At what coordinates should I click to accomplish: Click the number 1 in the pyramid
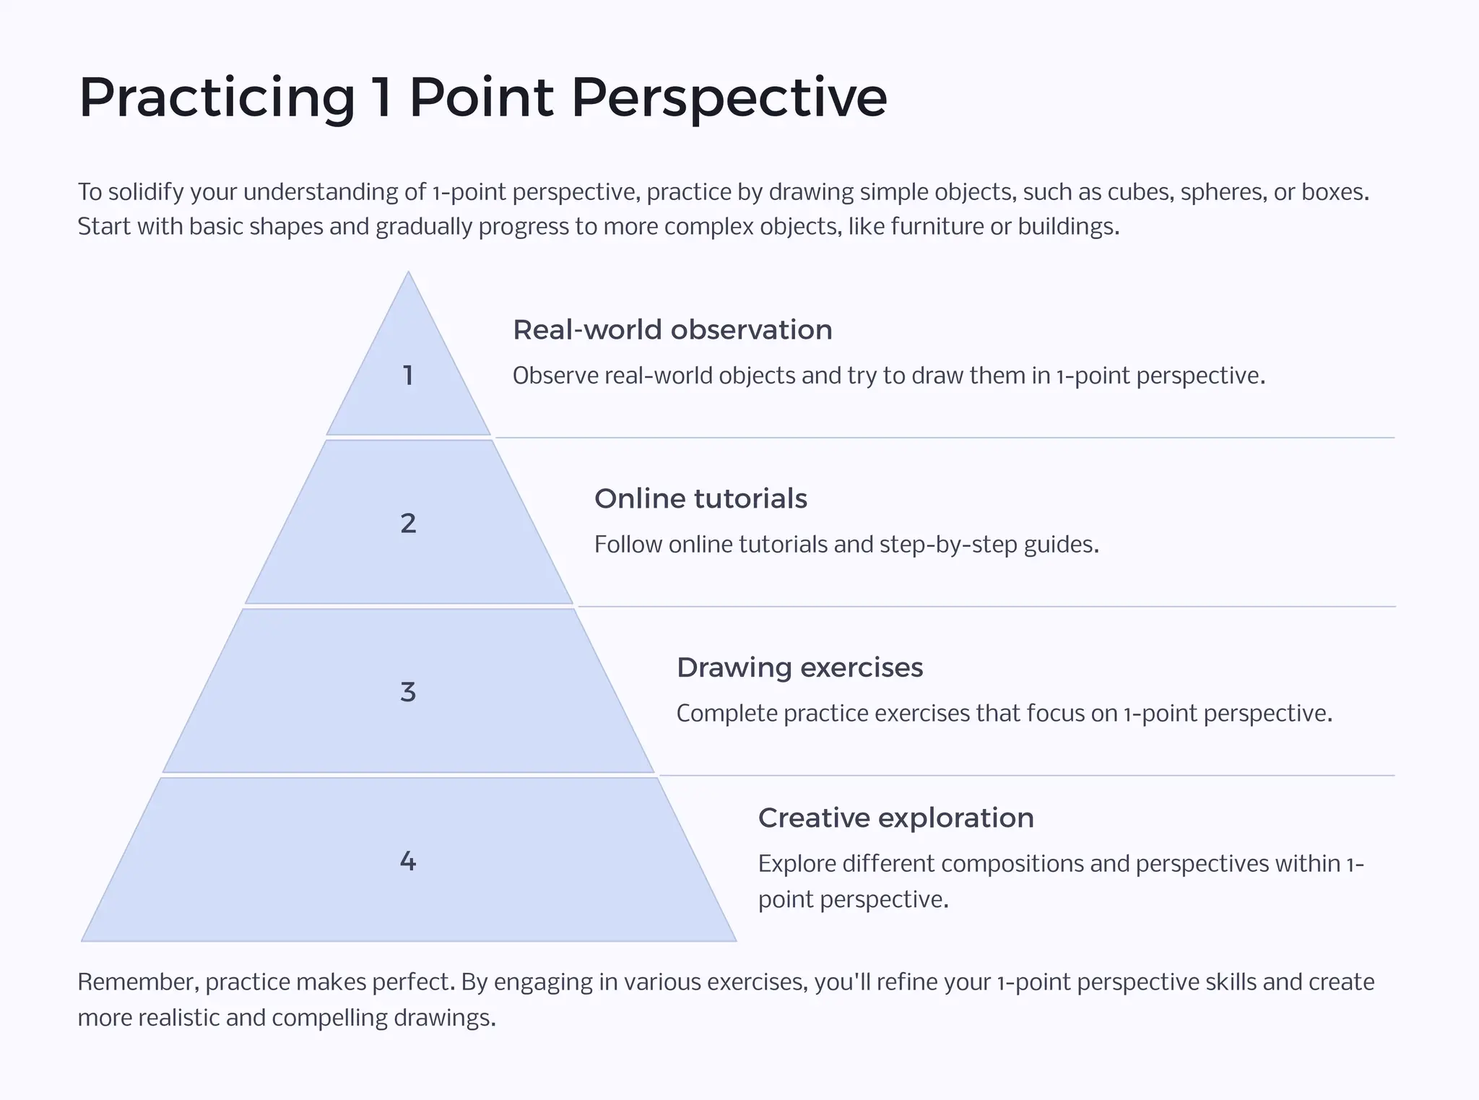click(x=408, y=376)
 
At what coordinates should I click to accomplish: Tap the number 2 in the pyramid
click(x=408, y=523)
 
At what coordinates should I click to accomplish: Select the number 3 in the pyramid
click(x=408, y=692)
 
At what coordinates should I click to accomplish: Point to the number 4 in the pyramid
click(x=408, y=861)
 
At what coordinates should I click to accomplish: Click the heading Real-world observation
click(x=672, y=330)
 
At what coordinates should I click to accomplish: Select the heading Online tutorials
click(x=701, y=499)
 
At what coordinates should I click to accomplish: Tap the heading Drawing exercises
click(x=799, y=668)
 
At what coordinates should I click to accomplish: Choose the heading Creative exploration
click(x=895, y=818)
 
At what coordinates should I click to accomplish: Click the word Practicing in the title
click(x=217, y=98)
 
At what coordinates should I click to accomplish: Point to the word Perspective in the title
click(x=729, y=98)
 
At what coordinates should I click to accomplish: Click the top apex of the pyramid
click(x=408, y=274)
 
